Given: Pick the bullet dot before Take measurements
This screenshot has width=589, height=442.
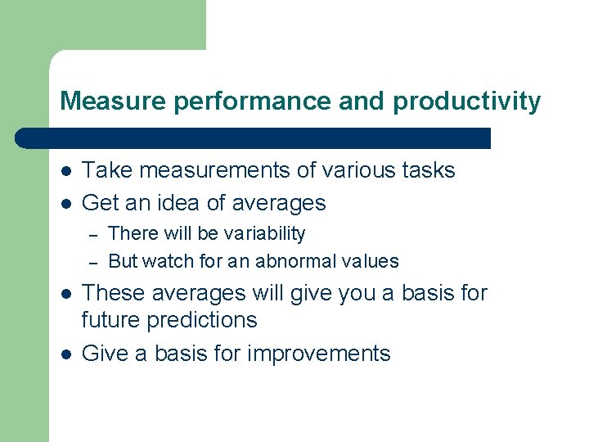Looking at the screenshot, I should pos(65,171).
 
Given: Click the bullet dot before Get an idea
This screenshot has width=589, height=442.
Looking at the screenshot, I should pos(65,203).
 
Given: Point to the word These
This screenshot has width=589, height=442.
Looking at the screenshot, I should pos(113,292).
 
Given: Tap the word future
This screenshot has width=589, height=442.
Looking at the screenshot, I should pos(110,320).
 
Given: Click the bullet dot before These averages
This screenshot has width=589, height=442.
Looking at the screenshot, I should pos(65,293).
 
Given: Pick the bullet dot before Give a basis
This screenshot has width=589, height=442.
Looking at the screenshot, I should pos(65,354).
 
